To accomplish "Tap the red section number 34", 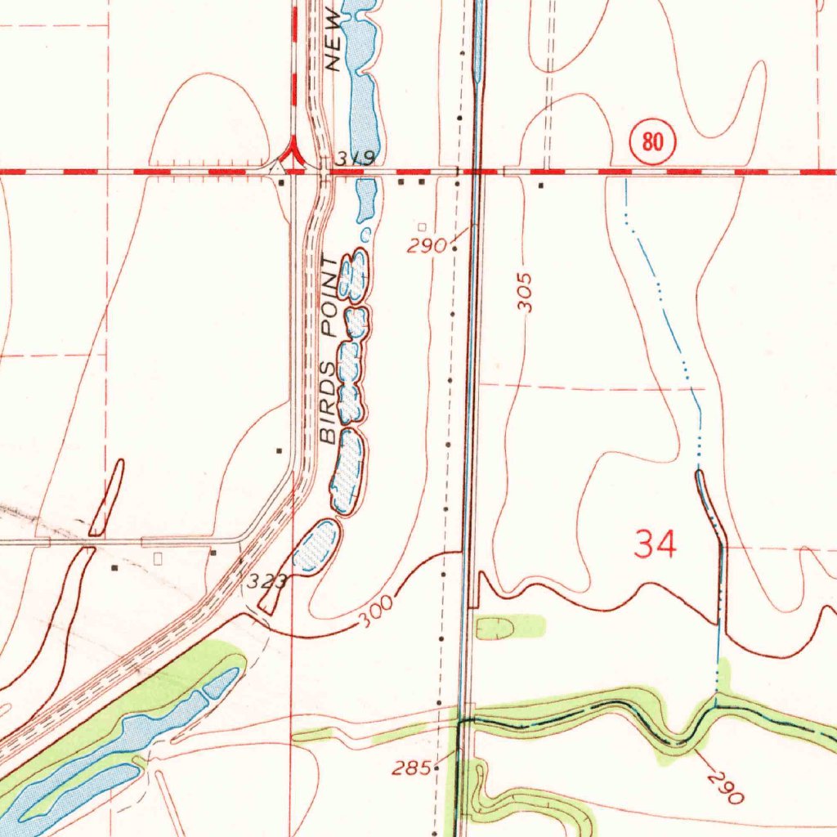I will pyautogui.click(x=656, y=544).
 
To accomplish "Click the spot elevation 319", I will pyautogui.click(x=356, y=159).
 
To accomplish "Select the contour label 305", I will pyautogui.click(x=526, y=292).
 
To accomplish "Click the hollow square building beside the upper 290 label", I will pyautogui.click(x=422, y=226).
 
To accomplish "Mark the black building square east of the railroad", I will pyautogui.click(x=540, y=185).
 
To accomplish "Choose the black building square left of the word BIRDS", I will pyautogui.click(x=279, y=450).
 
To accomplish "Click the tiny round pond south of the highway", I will pyautogui.click(x=365, y=235).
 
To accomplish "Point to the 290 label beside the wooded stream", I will pyautogui.click(x=725, y=786).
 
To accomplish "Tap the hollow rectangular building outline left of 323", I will pyautogui.click(x=159, y=558).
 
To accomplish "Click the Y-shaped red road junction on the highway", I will pyautogui.click(x=291, y=155).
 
